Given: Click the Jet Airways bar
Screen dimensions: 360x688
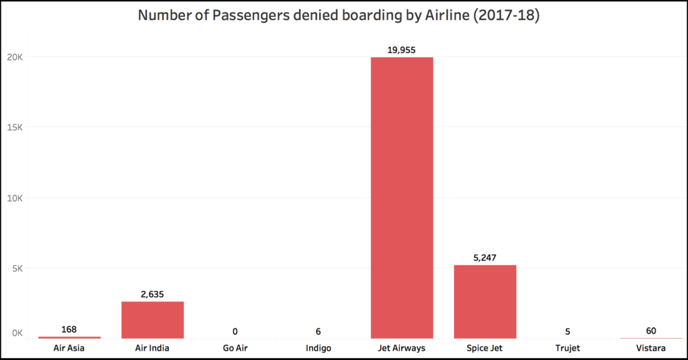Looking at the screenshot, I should [x=402, y=197].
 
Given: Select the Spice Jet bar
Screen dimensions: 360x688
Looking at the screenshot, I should [x=485, y=302].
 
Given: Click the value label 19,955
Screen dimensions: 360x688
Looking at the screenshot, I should [x=402, y=50].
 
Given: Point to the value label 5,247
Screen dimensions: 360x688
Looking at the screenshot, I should [x=485, y=257].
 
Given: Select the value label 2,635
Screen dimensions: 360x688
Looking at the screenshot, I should [x=153, y=294].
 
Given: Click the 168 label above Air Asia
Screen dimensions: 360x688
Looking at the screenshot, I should [x=69, y=329].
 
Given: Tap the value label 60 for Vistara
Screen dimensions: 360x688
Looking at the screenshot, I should [x=651, y=330].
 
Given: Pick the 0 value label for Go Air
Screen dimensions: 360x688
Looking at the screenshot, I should [x=236, y=331].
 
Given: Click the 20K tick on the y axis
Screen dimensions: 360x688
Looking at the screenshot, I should [x=15, y=57].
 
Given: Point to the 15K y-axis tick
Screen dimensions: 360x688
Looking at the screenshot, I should [x=15, y=128].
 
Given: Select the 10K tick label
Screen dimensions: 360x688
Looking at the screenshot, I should [x=15, y=198].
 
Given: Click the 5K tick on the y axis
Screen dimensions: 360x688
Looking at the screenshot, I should [x=17, y=269].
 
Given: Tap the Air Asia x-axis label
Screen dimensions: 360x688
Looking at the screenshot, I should [x=69, y=348].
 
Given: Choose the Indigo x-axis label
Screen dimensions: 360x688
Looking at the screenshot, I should [x=318, y=348].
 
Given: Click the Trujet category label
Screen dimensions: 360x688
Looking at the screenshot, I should [x=568, y=348].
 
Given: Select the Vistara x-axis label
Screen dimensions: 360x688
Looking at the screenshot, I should [x=651, y=348].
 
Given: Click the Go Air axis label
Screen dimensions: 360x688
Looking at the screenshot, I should [x=236, y=348].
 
